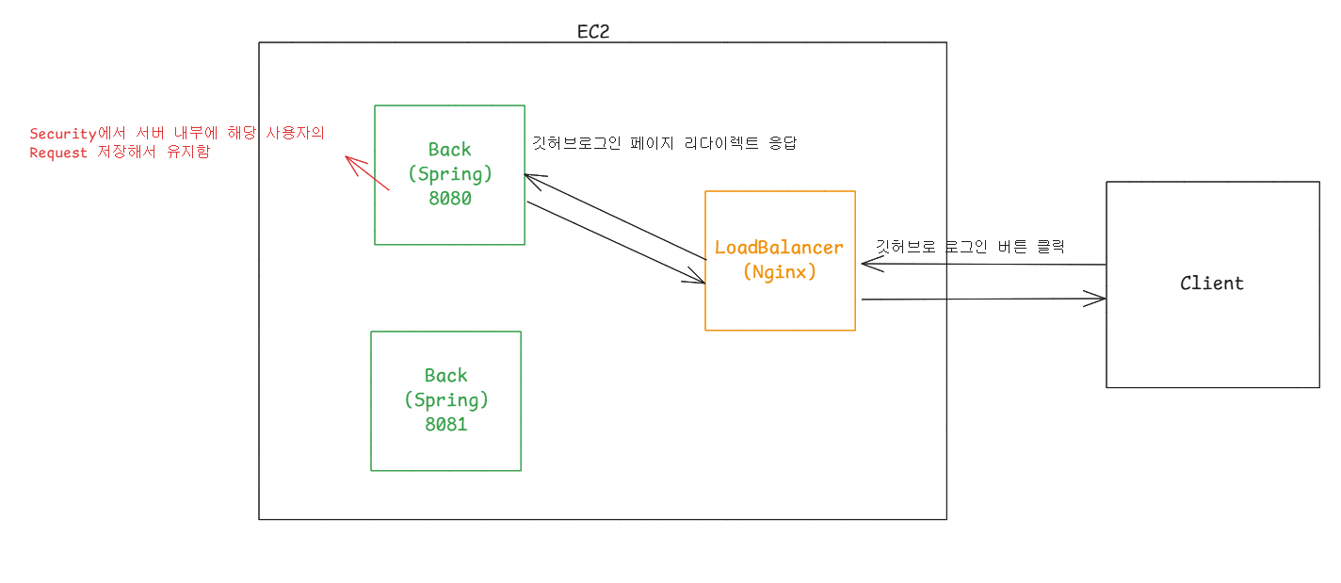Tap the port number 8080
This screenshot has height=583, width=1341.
(448, 199)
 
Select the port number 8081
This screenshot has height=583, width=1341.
(445, 424)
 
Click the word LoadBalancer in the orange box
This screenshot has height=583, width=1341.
(779, 248)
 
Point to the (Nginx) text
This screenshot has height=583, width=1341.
(779, 272)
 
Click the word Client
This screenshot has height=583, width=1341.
(1212, 283)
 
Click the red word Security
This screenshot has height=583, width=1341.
(63, 134)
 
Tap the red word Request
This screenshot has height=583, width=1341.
(58, 153)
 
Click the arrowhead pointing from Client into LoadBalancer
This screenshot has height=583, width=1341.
(867, 264)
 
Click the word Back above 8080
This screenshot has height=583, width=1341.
(449, 149)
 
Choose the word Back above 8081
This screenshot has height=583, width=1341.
(445, 375)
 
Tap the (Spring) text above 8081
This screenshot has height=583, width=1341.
(446, 399)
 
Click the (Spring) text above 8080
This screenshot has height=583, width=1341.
(450, 174)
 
